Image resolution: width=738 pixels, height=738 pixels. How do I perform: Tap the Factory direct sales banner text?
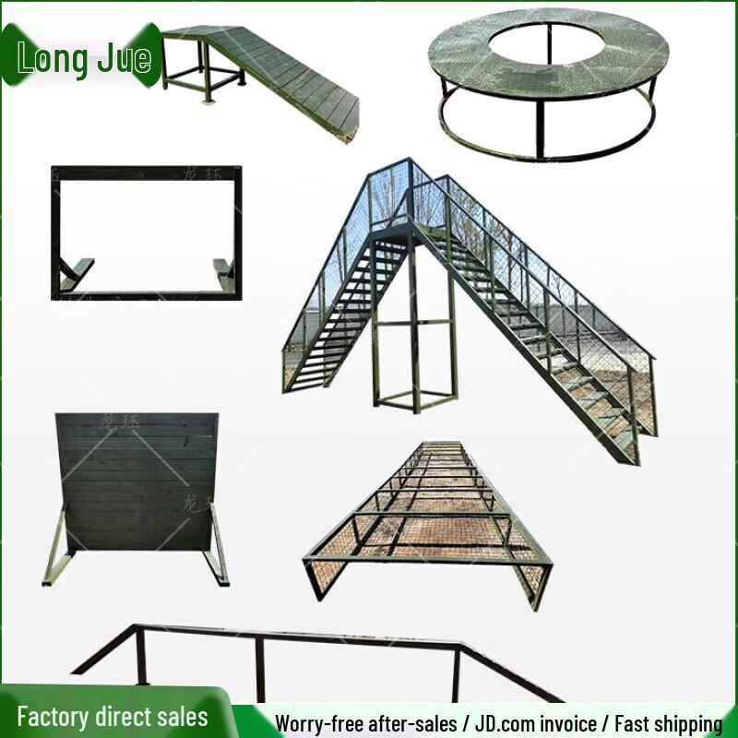113,717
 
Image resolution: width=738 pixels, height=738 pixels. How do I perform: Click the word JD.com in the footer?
511,722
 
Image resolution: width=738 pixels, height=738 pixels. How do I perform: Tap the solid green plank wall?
137,480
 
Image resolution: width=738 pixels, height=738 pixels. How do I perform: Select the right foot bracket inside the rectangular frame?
222,269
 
